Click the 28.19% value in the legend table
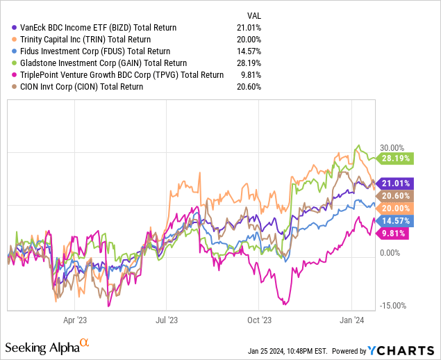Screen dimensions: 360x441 click(256, 63)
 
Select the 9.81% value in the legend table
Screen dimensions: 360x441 click(258, 75)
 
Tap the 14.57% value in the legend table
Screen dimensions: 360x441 click(256, 51)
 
